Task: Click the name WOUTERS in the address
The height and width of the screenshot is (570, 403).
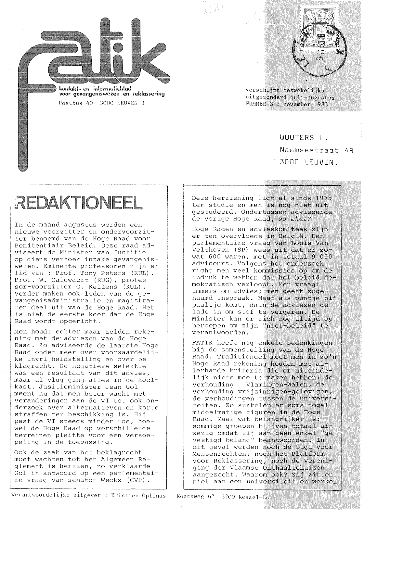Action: coord(297,138)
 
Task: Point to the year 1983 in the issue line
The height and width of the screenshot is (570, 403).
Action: coord(321,104)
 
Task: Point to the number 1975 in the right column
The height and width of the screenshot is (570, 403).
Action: coord(321,198)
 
